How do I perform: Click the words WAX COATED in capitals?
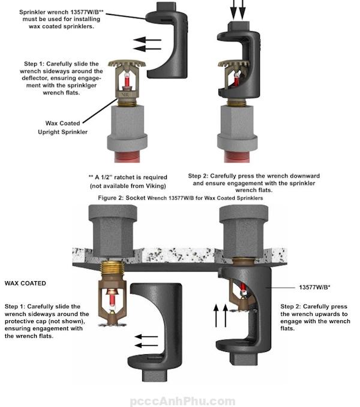coord(25,282)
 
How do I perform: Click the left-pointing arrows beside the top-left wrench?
coord(147,43)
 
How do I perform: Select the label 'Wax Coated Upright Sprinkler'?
coord(66,127)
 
